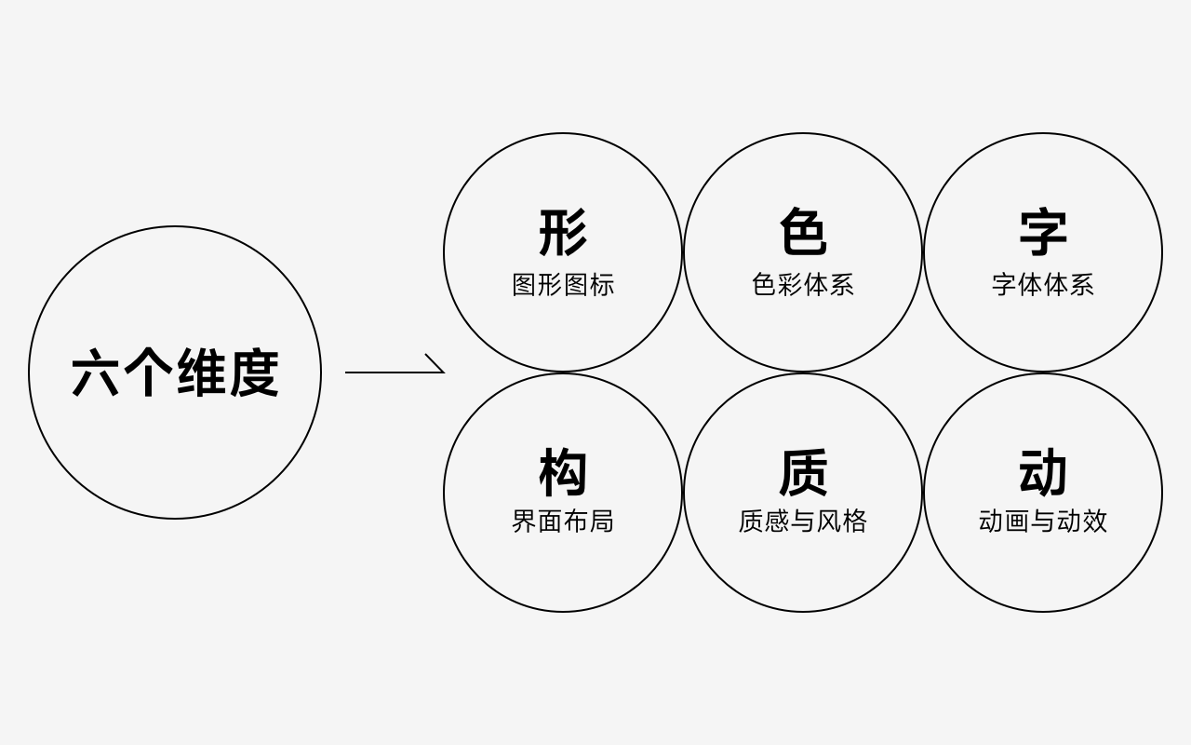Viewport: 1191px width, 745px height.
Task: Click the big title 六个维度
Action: (x=175, y=373)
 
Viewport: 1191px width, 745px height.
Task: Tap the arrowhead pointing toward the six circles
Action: (x=436, y=365)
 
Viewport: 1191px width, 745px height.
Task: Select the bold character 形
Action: (x=563, y=232)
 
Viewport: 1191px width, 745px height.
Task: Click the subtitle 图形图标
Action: (x=563, y=285)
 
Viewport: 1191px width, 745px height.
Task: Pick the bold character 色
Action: (x=803, y=232)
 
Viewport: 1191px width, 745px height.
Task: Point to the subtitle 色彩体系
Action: (x=803, y=285)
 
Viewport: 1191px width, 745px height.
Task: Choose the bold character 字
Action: (x=1043, y=232)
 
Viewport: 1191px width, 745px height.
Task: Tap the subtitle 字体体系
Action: (x=1043, y=285)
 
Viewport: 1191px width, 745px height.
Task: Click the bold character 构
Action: (x=563, y=472)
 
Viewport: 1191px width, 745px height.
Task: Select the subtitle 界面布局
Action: (x=563, y=521)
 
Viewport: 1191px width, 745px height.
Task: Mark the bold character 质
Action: (x=803, y=472)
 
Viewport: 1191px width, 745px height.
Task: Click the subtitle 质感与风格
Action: (x=803, y=521)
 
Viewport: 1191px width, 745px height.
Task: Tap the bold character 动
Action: (x=1043, y=472)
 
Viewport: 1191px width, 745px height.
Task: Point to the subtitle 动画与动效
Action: (x=1043, y=521)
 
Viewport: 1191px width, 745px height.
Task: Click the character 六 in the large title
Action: (x=97, y=373)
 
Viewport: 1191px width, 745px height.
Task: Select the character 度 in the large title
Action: (x=253, y=373)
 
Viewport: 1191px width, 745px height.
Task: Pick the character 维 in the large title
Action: (x=201, y=373)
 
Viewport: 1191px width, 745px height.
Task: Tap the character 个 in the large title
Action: (x=149, y=373)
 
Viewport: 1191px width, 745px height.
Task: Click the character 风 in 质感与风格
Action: (x=829, y=521)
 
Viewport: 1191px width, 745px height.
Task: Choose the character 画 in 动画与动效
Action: (x=1017, y=521)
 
